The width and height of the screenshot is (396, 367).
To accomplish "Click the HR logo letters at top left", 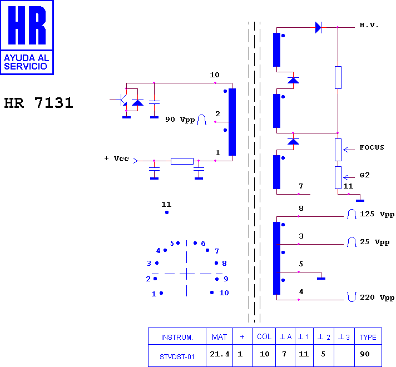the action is tap(27, 25).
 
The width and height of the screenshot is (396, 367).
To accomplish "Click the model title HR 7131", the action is tap(38, 103).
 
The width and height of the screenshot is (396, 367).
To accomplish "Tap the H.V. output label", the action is tap(369, 25).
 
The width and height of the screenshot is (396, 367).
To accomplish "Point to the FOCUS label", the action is tap(372, 147).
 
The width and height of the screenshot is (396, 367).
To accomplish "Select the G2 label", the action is tap(364, 175).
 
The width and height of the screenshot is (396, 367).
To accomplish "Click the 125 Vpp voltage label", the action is tap(377, 214).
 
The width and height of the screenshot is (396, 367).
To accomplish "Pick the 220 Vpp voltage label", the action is tap(377, 297).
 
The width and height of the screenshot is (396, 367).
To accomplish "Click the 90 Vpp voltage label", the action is tap(180, 120).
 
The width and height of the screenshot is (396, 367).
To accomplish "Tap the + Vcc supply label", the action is tap(116, 158).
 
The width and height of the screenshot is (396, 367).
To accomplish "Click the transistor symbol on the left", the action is tap(122, 100).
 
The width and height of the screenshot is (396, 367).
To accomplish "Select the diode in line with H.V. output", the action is tap(318, 27).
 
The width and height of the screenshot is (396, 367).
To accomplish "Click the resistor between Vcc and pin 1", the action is tap(182, 161).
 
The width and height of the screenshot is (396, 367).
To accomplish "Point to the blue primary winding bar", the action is tap(232, 122).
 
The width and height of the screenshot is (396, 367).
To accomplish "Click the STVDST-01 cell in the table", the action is tap(177, 356).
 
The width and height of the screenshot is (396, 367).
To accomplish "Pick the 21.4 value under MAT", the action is tap(220, 354).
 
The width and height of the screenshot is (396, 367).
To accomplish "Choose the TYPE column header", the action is tap(368, 337).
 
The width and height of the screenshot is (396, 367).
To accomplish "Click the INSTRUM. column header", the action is tap(177, 337).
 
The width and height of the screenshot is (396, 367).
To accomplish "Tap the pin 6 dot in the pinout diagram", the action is tap(195, 243).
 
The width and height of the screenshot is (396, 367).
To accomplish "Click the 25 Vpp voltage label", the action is tap(374, 242).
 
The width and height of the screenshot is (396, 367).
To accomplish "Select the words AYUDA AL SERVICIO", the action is tap(26, 62).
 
